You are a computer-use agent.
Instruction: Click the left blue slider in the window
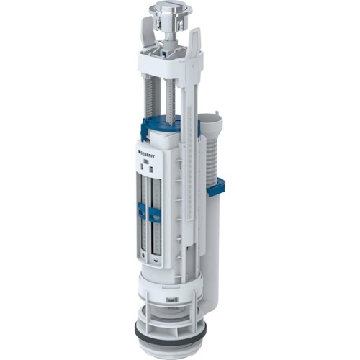142,210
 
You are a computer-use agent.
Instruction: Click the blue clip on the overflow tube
215,186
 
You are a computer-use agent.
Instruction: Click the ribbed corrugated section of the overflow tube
210,155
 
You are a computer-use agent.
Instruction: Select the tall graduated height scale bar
188,180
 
